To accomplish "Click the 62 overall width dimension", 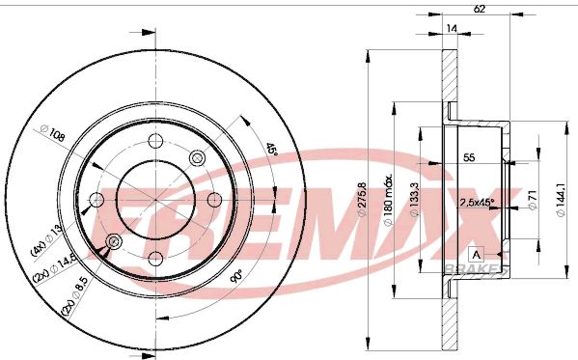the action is click(x=479, y=9).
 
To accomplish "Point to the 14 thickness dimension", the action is click(x=452, y=28).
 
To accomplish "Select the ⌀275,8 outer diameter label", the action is click(x=362, y=199).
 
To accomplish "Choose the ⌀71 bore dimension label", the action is click(x=533, y=200).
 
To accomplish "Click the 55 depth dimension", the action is click(x=469, y=157).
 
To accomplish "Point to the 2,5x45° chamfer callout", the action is click(x=477, y=202).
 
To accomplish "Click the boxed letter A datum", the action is click(x=478, y=255).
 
